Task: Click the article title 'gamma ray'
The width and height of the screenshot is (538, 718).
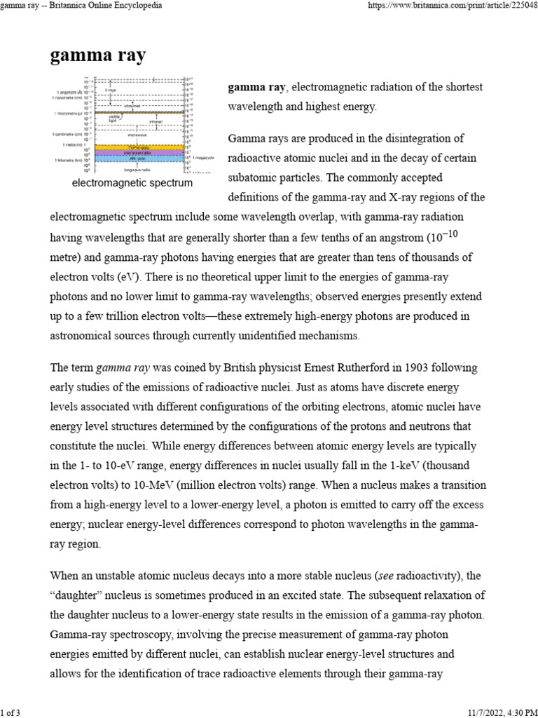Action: click(98, 57)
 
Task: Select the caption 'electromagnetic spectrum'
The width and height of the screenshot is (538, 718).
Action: click(131, 183)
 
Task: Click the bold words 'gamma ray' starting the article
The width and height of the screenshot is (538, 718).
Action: click(256, 87)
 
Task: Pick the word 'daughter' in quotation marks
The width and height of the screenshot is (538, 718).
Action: click(78, 595)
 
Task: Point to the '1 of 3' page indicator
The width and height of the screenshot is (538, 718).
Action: click(12, 712)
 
